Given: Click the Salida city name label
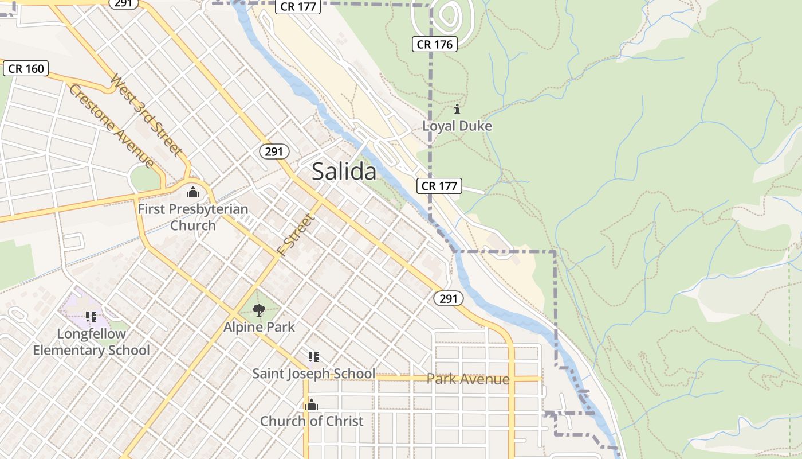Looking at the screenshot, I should (x=344, y=172).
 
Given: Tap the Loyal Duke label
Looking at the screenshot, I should (x=457, y=126).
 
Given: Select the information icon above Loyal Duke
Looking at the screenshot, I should (x=457, y=109).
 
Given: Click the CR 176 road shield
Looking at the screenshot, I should (x=435, y=44).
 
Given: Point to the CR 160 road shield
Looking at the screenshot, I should (x=26, y=68).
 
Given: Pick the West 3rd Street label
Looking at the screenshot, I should (x=147, y=115).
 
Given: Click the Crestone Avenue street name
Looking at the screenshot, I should (x=112, y=126).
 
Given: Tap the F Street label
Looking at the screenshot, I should (x=296, y=234).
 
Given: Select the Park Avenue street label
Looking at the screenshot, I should (x=468, y=379).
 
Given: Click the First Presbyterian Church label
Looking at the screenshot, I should (x=193, y=217).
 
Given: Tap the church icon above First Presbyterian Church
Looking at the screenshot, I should (x=193, y=192).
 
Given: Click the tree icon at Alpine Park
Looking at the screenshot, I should (x=259, y=310).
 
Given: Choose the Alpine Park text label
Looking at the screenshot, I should (x=259, y=327).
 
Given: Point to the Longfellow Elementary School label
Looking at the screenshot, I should (x=91, y=342).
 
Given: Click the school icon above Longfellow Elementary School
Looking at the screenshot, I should (x=91, y=316).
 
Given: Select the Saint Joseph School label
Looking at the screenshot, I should (x=314, y=374).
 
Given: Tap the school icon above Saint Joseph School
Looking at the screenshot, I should (x=313, y=357).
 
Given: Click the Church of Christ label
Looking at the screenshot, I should (x=312, y=421).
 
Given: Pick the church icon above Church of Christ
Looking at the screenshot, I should (x=312, y=405).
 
